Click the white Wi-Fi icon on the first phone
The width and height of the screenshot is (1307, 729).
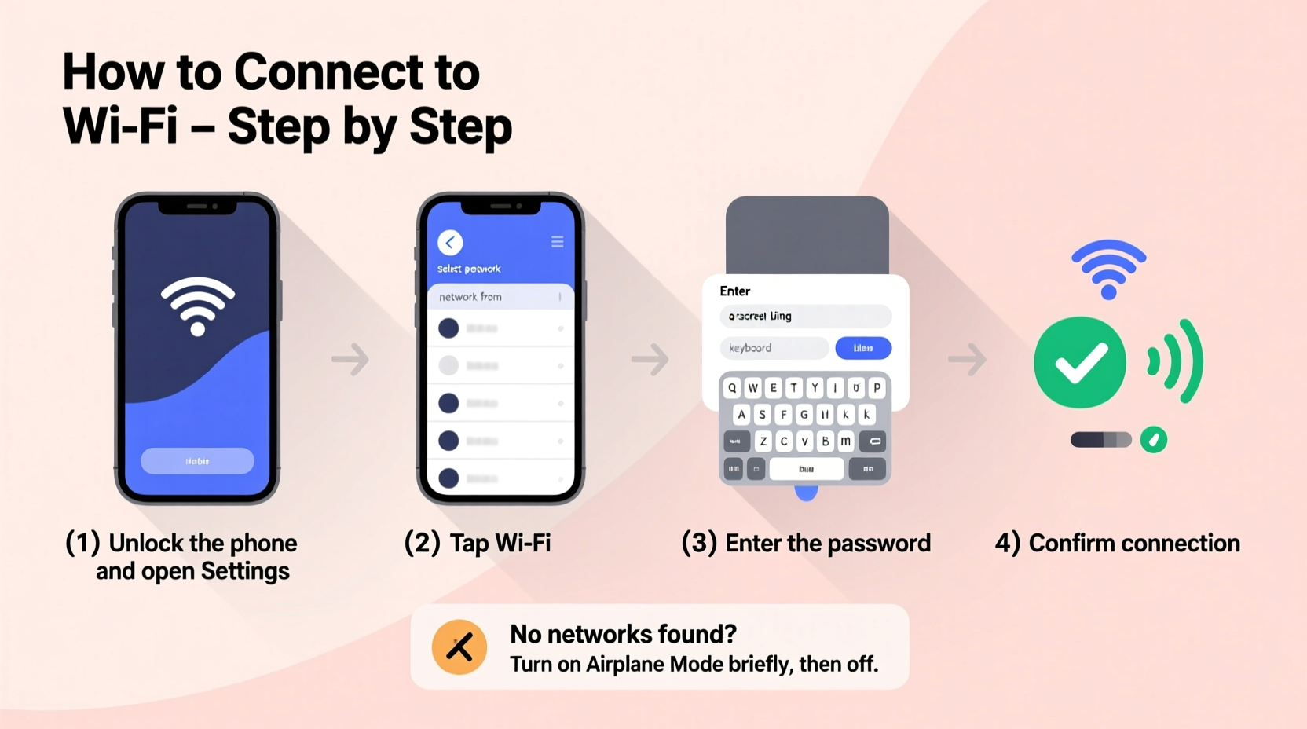[198, 306]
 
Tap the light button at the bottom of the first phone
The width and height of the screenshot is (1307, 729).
[197, 461]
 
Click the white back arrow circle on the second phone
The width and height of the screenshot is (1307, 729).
[450, 243]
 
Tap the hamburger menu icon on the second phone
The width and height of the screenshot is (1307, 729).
[557, 242]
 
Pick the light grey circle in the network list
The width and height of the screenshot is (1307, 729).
[448, 365]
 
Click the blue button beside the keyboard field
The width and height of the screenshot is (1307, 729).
[862, 348]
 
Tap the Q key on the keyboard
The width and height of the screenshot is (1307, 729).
[732, 388]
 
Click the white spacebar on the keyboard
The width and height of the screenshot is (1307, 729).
[806, 469]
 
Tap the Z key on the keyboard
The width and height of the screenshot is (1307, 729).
[763, 441]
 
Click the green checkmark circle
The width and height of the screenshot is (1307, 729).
[1080, 362]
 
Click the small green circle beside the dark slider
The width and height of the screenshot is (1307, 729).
[1153, 440]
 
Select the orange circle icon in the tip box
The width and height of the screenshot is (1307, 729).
[459, 647]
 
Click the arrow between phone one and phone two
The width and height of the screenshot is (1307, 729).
[350, 360]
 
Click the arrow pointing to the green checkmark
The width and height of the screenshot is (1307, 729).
[967, 360]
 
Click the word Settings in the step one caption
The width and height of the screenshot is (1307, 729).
[245, 571]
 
